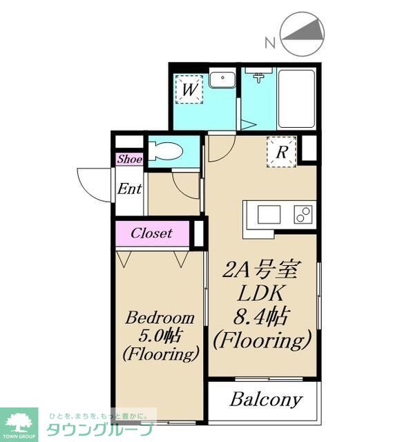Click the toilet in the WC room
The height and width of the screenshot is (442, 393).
[x=166, y=151]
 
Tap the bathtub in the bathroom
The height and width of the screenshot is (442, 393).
[x=296, y=98]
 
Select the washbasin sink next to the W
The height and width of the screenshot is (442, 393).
[x=222, y=80]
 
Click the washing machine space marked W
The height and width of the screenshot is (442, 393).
[x=189, y=89]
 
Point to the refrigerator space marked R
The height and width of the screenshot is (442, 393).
[x=282, y=152]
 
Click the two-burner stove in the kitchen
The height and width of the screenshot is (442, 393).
[x=303, y=215]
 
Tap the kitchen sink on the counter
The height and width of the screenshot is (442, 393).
[x=269, y=215]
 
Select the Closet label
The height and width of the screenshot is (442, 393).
[x=151, y=233]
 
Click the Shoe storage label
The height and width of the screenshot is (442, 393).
[x=129, y=160]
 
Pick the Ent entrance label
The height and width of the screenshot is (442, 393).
[x=129, y=189]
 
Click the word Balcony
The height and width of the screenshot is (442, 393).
[x=266, y=400]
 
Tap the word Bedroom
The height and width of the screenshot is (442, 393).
[x=160, y=318]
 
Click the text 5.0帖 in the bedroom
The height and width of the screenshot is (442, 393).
[x=160, y=336]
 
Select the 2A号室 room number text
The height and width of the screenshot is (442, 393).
[x=260, y=271]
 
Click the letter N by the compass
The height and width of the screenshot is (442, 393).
[x=270, y=43]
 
